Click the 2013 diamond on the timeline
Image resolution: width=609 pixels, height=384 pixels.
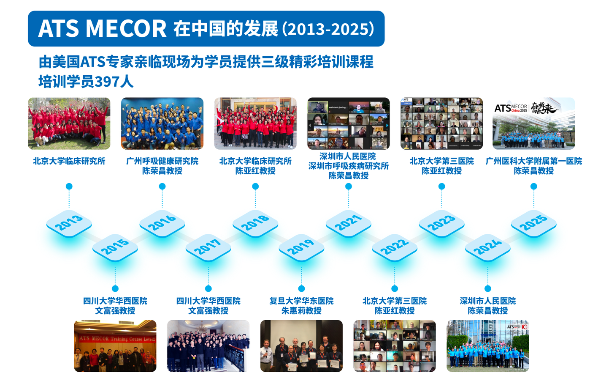click(x=69, y=222)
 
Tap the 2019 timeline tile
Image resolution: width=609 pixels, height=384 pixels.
click(x=301, y=247)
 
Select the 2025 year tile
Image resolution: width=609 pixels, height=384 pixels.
click(x=533, y=222)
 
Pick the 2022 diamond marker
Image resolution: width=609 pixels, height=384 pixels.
click(x=395, y=247)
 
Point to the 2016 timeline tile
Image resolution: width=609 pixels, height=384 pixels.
click(x=162, y=222)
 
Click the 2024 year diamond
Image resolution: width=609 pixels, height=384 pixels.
click(x=487, y=247)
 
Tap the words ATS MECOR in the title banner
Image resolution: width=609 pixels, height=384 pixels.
click(x=103, y=29)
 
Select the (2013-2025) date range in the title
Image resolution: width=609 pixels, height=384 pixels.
click(x=328, y=29)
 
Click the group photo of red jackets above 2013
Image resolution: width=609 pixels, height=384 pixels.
click(x=69, y=123)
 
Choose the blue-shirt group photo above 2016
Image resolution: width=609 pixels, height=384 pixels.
click(x=162, y=123)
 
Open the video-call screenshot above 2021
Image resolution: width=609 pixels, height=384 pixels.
click(x=348, y=123)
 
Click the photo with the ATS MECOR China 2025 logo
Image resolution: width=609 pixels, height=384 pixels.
click(x=533, y=123)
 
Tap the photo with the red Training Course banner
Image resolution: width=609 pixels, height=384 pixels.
click(x=115, y=346)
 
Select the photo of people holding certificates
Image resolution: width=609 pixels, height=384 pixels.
click(x=301, y=346)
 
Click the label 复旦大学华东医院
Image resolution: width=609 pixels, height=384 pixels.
click(x=301, y=301)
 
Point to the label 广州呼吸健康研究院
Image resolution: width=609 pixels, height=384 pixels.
click(x=162, y=161)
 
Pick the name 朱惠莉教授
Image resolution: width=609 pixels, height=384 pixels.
click(x=301, y=311)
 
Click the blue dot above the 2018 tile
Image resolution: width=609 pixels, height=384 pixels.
click(x=255, y=186)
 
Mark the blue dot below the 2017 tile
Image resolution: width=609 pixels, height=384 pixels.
click(x=208, y=288)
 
